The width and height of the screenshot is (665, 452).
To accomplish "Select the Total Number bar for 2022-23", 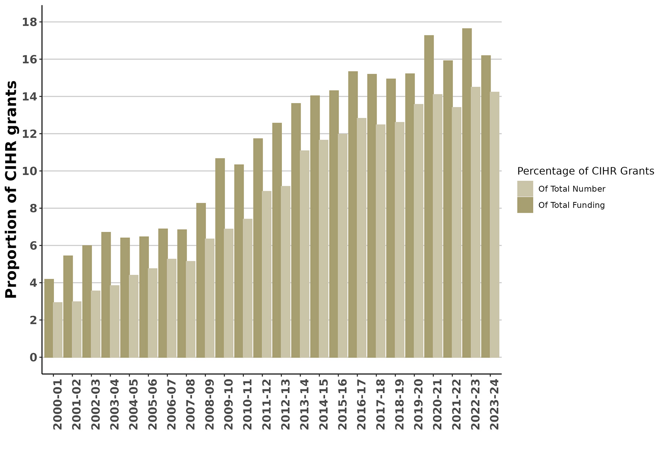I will tap(475, 222).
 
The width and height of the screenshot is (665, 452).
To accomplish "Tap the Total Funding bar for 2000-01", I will tap(49, 318).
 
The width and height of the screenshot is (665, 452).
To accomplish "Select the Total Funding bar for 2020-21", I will tap(429, 196).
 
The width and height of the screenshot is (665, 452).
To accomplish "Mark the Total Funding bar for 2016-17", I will tap(353, 214).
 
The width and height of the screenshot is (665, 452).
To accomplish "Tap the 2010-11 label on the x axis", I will tap(248, 404).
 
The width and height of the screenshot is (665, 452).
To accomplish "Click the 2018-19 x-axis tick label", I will tap(399, 404).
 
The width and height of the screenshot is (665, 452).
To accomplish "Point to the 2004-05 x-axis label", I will tap(133, 404).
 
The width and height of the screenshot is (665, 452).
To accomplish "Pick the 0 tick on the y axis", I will tap(33, 357).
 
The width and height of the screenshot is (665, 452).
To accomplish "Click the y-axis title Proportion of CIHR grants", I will tap(11, 189).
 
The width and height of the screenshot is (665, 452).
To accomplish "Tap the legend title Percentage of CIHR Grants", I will tap(586, 171).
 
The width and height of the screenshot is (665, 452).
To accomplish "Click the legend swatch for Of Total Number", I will tap(525, 189).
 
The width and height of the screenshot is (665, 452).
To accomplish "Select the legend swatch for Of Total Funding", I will tap(525, 205).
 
